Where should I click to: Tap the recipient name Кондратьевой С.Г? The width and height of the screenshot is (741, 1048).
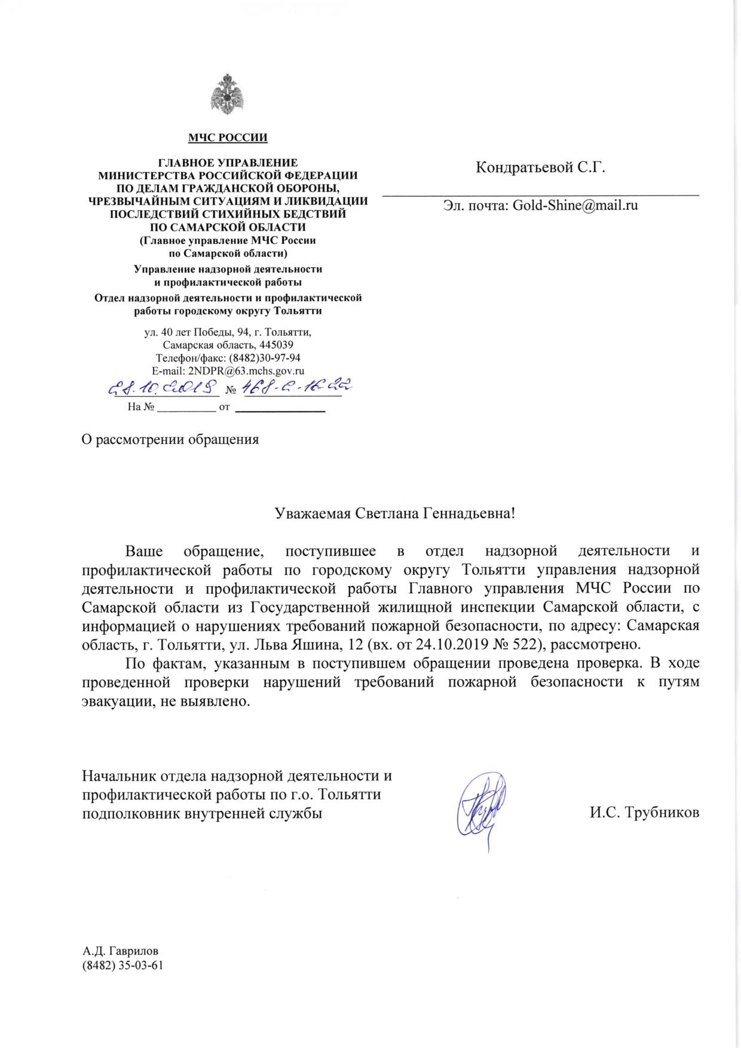pyautogui.click(x=540, y=168)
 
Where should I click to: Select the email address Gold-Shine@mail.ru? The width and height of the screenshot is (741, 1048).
pyautogui.click(x=575, y=205)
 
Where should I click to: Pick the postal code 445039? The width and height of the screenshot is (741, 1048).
pyautogui.click(x=276, y=345)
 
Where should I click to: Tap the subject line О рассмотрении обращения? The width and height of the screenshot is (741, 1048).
pyautogui.click(x=170, y=440)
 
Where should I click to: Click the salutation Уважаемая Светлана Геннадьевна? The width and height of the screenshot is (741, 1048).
pyautogui.click(x=394, y=513)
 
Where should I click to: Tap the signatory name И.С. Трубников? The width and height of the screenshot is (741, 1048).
pyautogui.click(x=644, y=813)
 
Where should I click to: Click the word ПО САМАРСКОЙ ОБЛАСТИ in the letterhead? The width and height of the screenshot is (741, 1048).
pyautogui.click(x=228, y=227)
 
